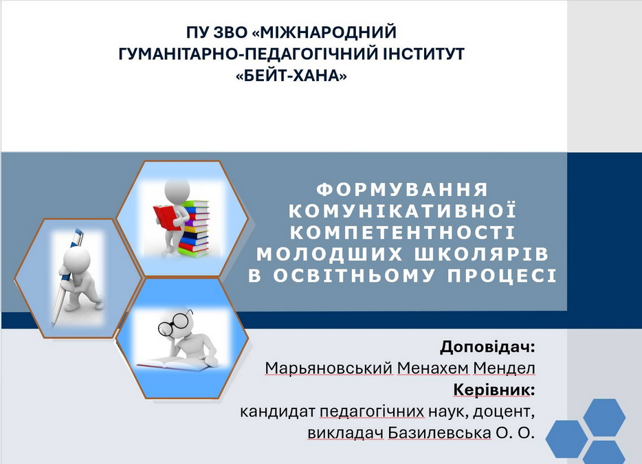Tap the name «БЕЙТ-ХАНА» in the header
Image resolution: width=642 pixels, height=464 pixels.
point(291,76)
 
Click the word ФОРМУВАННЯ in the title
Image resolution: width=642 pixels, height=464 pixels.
point(403,189)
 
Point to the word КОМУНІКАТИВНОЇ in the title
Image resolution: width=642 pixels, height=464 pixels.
point(403,210)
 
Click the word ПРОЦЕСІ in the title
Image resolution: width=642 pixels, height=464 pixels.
point(502,275)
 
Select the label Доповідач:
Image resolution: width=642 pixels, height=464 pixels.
point(487,347)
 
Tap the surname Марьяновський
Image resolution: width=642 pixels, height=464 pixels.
point(329,368)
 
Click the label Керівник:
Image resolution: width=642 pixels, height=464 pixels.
point(494,390)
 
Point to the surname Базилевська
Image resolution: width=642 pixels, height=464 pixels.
point(439,432)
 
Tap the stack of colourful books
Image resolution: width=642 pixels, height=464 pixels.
point(194,228)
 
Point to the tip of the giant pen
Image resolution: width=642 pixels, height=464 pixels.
point(52,326)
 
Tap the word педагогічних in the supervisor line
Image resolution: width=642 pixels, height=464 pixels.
point(371,412)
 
